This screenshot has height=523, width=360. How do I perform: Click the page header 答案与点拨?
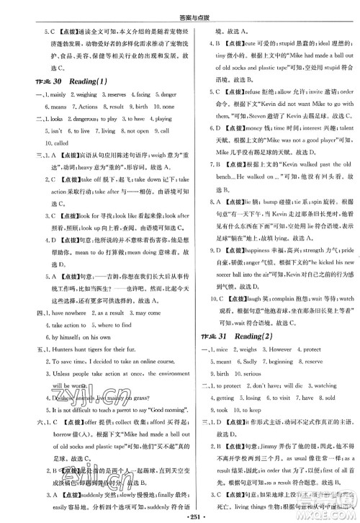[x=179, y=9]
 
